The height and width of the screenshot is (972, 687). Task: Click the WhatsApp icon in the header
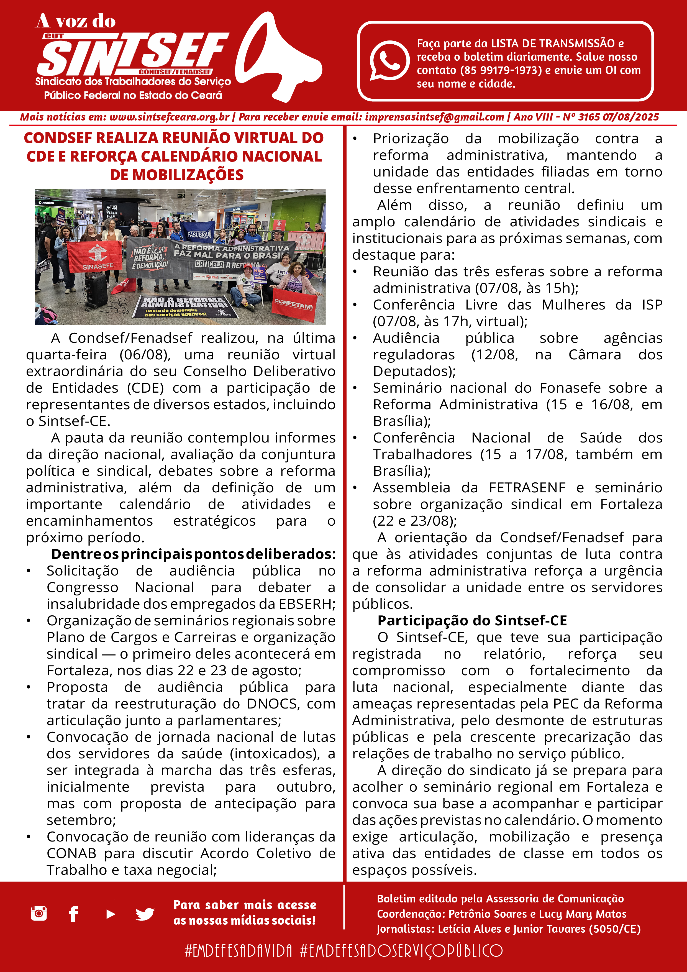click(389, 60)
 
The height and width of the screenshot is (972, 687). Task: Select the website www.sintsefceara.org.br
click(169, 117)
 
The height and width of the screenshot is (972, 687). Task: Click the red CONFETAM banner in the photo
click(293, 303)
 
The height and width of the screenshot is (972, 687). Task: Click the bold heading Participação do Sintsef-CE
click(472, 621)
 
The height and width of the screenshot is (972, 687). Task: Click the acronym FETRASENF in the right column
click(527, 488)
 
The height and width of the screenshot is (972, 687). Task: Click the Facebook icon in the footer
click(74, 914)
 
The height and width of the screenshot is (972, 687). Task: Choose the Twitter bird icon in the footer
click(145, 914)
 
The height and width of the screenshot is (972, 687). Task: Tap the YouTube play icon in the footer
click(111, 914)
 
